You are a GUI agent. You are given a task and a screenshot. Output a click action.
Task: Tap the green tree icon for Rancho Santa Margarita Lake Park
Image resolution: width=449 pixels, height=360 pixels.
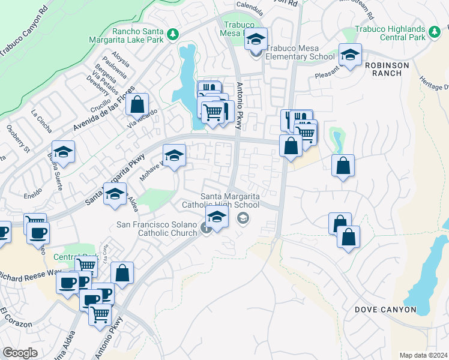173,33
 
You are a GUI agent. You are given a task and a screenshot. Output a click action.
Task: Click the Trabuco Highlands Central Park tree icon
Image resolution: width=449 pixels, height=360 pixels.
433,29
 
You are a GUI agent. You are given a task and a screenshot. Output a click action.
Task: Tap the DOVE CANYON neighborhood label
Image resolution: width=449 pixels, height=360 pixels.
385,310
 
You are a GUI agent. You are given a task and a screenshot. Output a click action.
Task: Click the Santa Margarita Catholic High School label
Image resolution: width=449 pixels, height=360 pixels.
230,200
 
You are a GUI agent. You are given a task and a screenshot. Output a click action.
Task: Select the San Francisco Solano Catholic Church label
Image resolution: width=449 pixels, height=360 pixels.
157,229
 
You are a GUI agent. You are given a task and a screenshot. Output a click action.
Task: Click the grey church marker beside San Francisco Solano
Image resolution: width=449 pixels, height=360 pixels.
206,229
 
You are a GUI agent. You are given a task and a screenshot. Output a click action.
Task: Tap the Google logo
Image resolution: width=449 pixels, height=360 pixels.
20,353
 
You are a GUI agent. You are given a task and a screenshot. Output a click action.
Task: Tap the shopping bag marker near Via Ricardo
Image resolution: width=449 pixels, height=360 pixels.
137,104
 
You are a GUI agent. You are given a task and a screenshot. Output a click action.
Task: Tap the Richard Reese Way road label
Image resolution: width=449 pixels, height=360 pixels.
30,276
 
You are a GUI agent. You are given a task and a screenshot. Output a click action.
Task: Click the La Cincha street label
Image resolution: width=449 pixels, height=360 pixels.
41,119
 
